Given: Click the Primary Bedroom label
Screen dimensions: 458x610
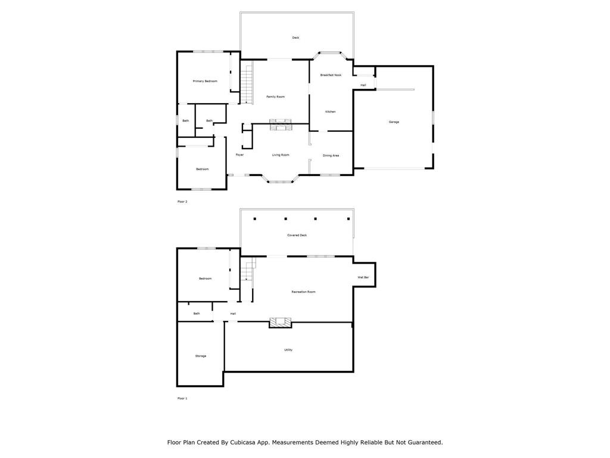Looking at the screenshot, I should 205,81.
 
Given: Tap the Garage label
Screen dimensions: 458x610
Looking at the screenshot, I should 394,122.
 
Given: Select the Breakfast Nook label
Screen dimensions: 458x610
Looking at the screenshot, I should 331,75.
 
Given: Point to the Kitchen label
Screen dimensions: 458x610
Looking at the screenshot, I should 330,112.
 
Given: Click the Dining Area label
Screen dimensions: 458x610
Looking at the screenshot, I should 331,156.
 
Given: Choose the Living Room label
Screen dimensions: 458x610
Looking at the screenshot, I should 281,155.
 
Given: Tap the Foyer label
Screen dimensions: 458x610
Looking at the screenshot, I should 239,155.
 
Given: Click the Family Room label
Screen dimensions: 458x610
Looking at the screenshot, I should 275,97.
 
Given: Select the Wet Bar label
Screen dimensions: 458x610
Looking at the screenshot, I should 363,277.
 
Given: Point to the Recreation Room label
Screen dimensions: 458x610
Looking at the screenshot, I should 303,292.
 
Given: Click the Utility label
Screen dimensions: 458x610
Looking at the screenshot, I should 288,350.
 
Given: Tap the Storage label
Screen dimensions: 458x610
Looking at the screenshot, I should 201,356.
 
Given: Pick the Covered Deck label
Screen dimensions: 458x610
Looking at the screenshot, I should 297,236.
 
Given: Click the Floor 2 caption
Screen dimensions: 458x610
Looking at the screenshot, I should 182,202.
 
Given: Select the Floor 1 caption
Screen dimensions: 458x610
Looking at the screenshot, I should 182,398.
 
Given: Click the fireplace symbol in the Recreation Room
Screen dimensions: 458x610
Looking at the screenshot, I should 281,323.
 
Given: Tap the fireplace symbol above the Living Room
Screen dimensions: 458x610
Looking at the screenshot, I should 281,124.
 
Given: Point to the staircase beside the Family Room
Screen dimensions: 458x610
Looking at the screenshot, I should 247,85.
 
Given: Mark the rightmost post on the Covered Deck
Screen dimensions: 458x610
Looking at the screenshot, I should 348,219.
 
